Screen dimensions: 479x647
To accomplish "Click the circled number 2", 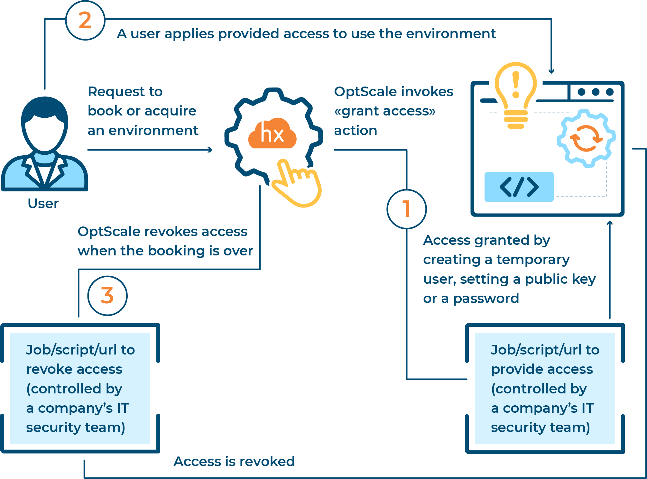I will coord(85,20).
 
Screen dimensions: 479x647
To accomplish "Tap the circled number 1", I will coord(406,209).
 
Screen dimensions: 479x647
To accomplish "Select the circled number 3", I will coord(107,296).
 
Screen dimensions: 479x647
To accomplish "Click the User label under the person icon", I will coord(43,204).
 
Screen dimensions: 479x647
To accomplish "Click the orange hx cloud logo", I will coord(272,134).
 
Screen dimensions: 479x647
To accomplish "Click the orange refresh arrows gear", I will coord(586,138).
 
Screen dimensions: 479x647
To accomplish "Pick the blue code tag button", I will coord(519,187).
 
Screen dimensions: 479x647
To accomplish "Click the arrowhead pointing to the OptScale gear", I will coord(210,150).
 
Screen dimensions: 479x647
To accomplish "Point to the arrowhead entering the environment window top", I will coord(551,71).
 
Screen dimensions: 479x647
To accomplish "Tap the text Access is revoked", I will coord(234,461).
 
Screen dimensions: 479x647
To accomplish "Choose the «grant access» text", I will coord(385,111).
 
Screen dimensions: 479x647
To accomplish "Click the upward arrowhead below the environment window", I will coord(609,223).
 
